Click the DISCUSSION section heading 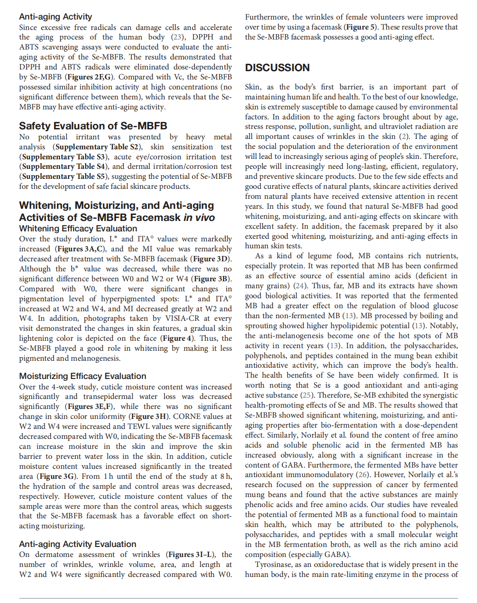pyautogui.click(x=277, y=68)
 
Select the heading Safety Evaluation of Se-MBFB pyautogui.click(x=93, y=126)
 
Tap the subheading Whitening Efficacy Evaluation pyautogui.click(x=78, y=228)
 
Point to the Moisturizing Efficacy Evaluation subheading pyautogui.click(x=82, y=376)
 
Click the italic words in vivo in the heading pyautogui.click(x=199, y=217)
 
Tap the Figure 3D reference pyautogui.click(x=210, y=259)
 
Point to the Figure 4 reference pyautogui.click(x=176, y=338)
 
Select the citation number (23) pyautogui.click(x=178, y=37)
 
